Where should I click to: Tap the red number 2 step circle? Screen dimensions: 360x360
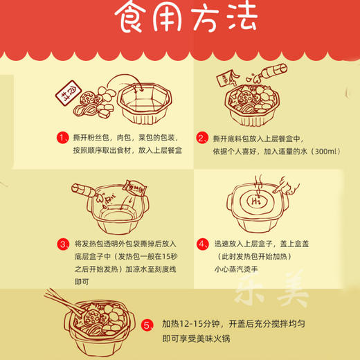(203, 138)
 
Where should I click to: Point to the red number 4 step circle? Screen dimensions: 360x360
(203, 244)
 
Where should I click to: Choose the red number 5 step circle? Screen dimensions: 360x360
(147, 325)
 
